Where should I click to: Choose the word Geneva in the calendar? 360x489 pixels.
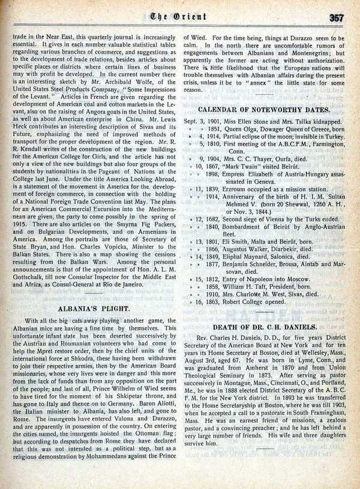coord(257,181)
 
